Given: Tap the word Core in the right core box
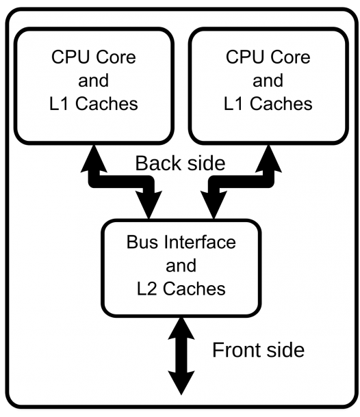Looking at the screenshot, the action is pyautogui.click(x=291, y=57).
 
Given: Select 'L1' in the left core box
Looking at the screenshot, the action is pyautogui.click(x=60, y=103).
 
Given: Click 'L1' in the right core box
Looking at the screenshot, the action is pyautogui.click(x=234, y=103).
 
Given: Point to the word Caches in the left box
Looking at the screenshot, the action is pyautogui.click(x=107, y=103).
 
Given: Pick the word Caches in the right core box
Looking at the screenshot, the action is pyautogui.click(x=281, y=103).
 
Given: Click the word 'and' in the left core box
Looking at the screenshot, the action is pyautogui.click(x=94, y=80).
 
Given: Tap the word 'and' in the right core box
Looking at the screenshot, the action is pyautogui.click(x=268, y=80).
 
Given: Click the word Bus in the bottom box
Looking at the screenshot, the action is pyautogui.click(x=142, y=242).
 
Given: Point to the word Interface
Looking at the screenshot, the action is pyautogui.click(x=200, y=242).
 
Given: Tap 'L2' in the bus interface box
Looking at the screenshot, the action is pyautogui.click(x=146, y=288).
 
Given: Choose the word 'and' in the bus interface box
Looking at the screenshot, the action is pyautogui.click(x=181, y=265).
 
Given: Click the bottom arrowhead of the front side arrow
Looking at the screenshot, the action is pyautogui.click(x=181, y=383).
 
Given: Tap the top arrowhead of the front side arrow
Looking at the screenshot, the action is pyautogui.click(x=181, y=329).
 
